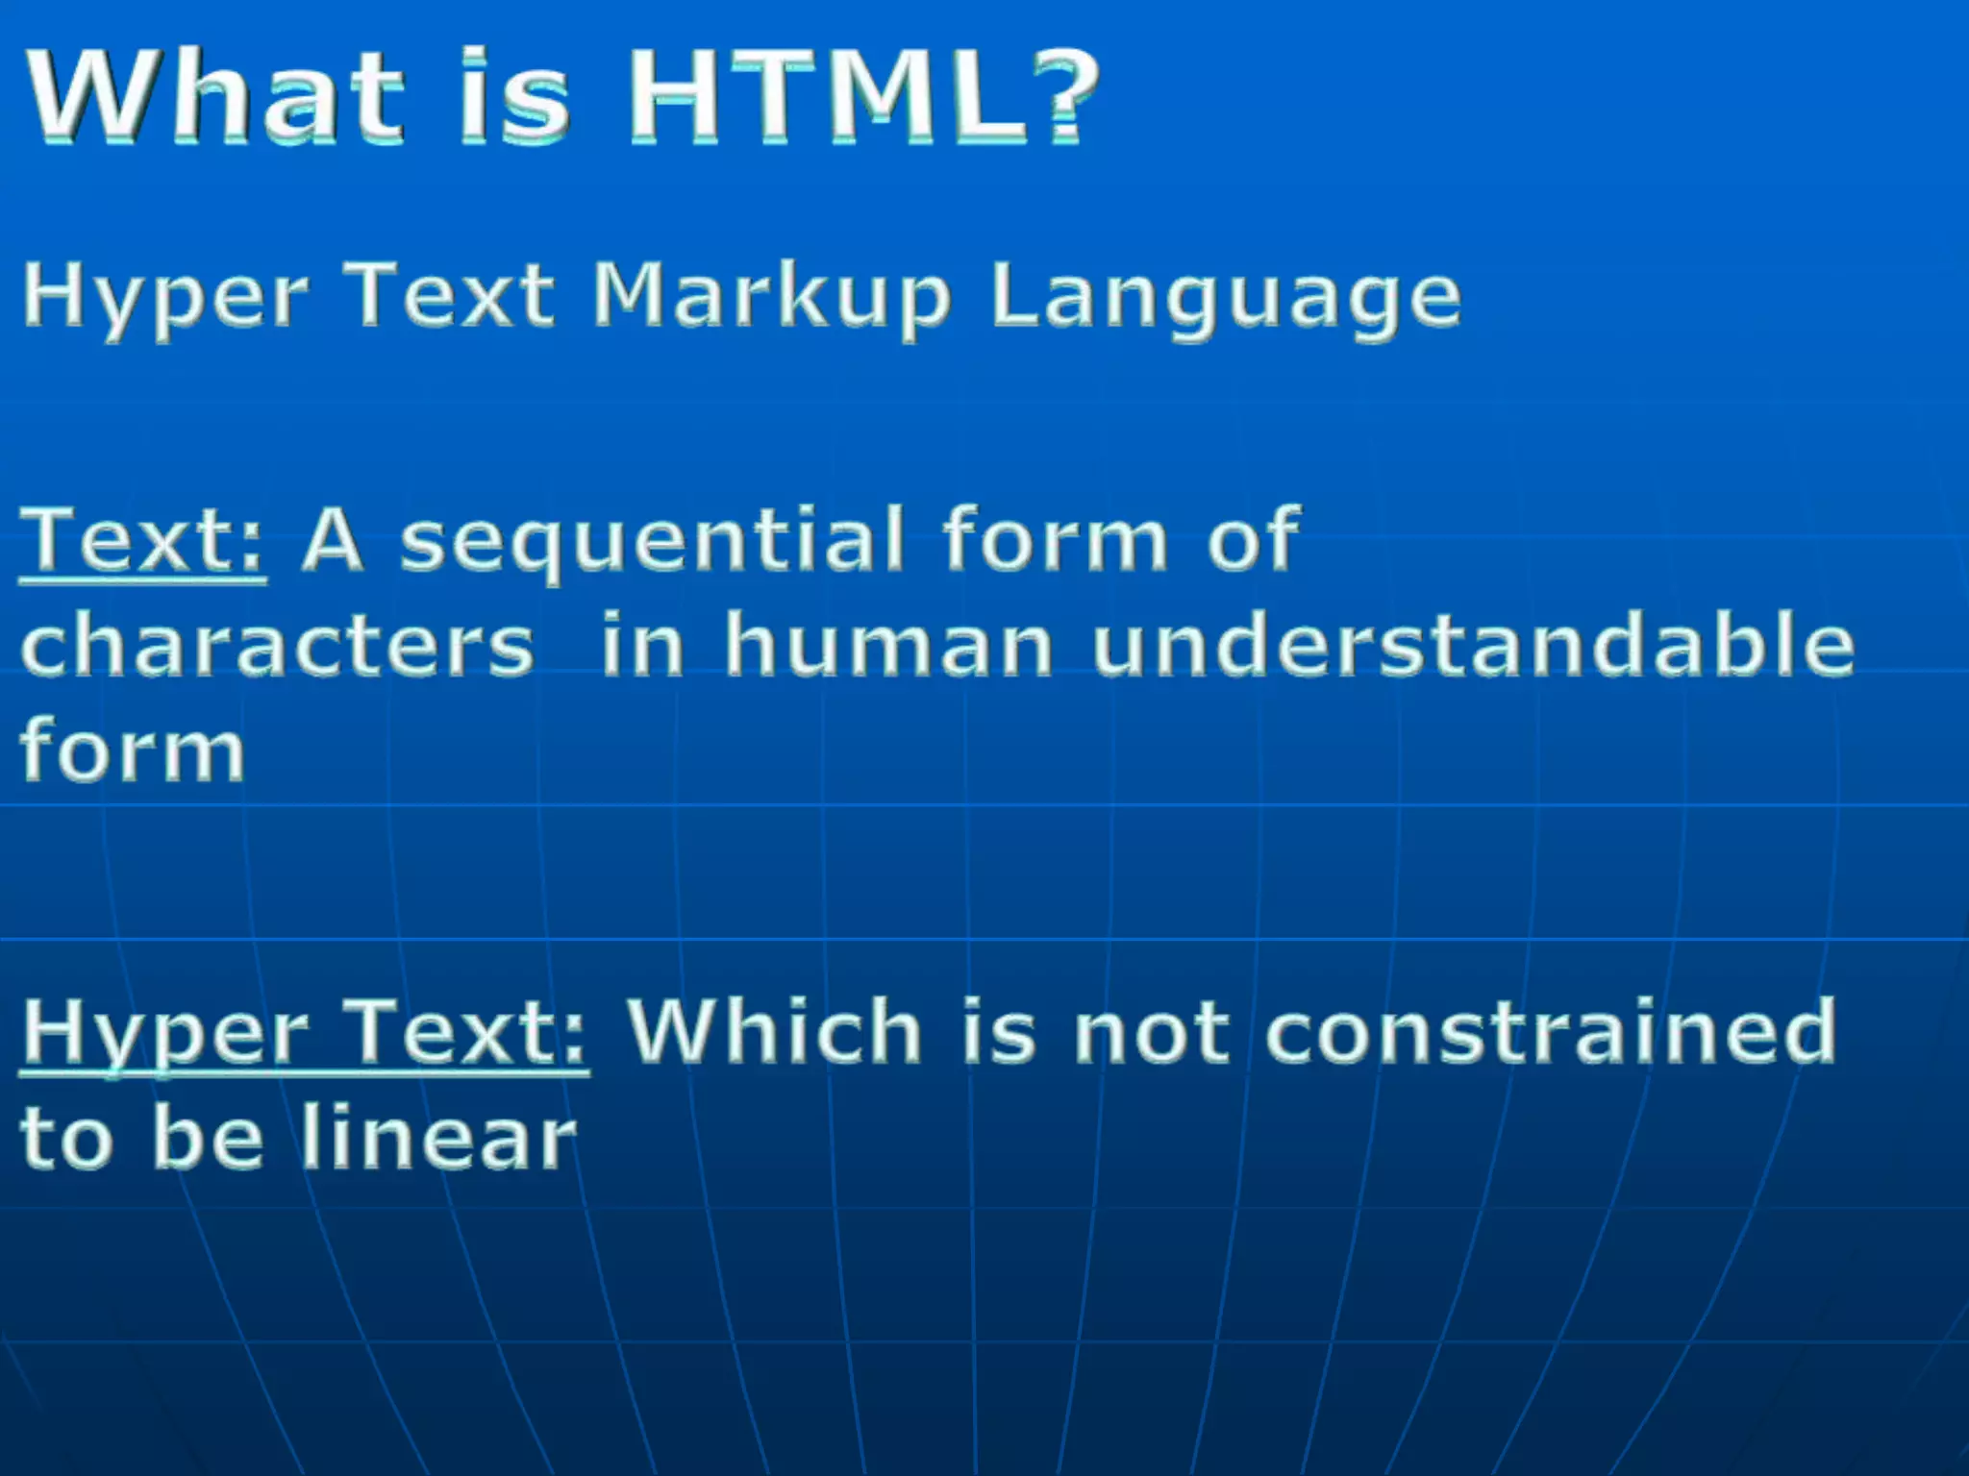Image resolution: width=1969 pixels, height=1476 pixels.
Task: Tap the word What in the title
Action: (213, 96)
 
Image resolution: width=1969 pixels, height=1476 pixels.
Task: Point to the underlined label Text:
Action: (142, 540)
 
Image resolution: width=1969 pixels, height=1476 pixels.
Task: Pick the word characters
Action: (277, 646)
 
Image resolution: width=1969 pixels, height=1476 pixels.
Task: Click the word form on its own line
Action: (133, 750)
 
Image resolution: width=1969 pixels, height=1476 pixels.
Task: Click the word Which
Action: (775, 1031)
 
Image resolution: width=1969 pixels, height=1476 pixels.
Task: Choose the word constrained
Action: (1550, 1031)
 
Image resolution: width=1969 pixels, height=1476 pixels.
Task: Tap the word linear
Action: (437, 1138)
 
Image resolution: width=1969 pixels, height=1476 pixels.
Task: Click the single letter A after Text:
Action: (333, 540)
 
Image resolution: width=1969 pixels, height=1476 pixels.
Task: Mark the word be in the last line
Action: (208, 1138)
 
